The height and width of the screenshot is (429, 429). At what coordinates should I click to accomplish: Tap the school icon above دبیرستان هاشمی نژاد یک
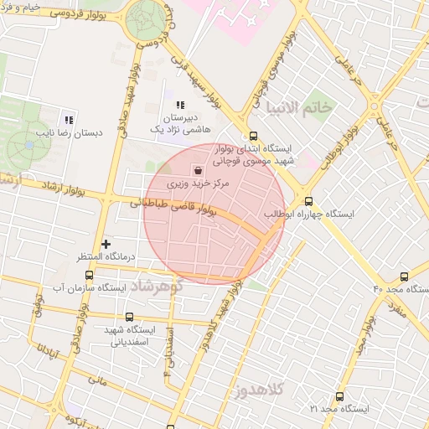[x=179, y=105]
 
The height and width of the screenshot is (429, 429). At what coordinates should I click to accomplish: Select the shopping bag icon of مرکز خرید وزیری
[x=197, y=168]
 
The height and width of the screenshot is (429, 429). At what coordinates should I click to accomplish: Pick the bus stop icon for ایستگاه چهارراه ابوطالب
[x=308, y=201]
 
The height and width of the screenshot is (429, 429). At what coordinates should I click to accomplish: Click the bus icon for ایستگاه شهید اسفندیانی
[x=128, y=317]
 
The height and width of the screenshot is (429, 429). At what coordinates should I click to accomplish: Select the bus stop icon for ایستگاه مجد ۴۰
[x=404, y=276]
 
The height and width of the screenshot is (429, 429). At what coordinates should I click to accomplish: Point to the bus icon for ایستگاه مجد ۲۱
[x=339, y=396]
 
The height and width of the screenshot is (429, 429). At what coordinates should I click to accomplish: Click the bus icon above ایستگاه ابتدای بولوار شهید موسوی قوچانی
[x=253, y=136]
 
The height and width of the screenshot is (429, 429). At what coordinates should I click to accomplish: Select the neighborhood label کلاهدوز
[x=261, y=390]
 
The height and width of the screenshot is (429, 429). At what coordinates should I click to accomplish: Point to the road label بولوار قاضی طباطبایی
[x=173, y=204]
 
